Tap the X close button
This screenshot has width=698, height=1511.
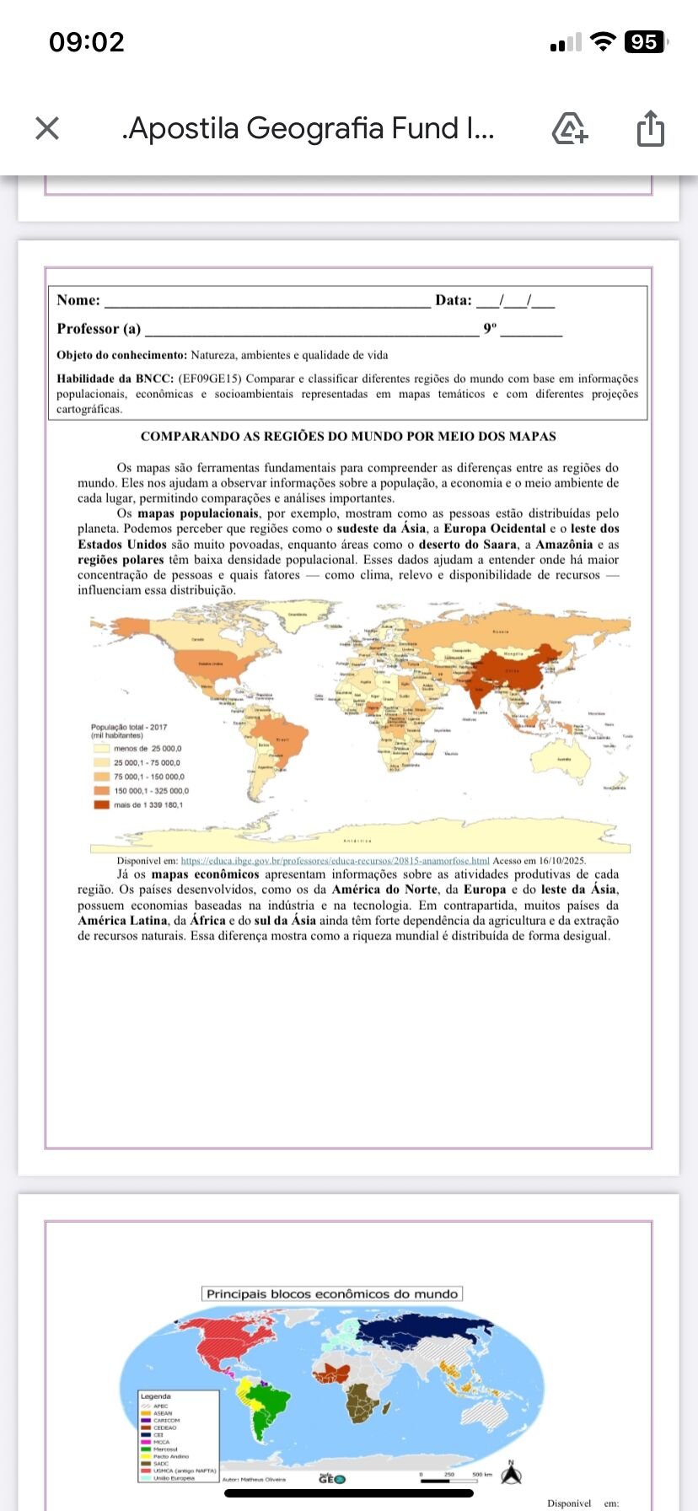pos(47,128)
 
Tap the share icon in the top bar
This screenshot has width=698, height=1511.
pos(650,128)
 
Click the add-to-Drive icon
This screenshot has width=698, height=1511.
pos(569,128)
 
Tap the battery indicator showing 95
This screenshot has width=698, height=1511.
pos(645,42)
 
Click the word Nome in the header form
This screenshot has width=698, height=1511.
pos(78,300)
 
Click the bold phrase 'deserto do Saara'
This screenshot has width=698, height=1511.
pos(467,545)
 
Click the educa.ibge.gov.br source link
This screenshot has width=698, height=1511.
pos(335,861)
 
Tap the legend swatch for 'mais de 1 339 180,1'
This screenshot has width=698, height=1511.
pos(101,804)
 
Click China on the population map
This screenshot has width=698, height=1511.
pos(511,671)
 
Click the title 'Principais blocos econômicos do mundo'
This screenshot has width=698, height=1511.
pos(332,1293)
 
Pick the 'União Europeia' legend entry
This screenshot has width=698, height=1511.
pos(173,1477)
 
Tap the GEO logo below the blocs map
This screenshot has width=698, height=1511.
pos(331,1478)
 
